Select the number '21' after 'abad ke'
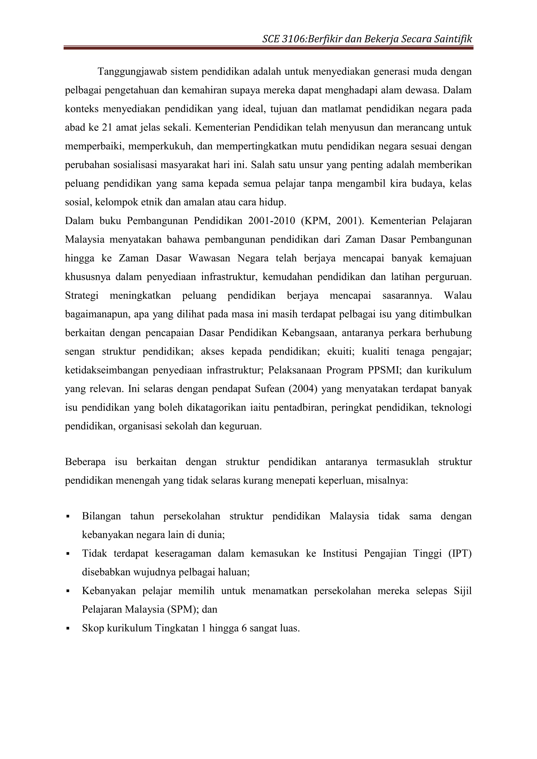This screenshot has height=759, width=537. pyautogui.click(x=107, y=128)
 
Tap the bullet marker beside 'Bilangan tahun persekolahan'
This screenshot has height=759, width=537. pyautogui.click(x=68, y=516)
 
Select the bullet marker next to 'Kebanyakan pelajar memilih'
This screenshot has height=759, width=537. pyautogui.click(x=68, y=591)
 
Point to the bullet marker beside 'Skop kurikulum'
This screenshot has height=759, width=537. pyautogui.click(x=68, y=628)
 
